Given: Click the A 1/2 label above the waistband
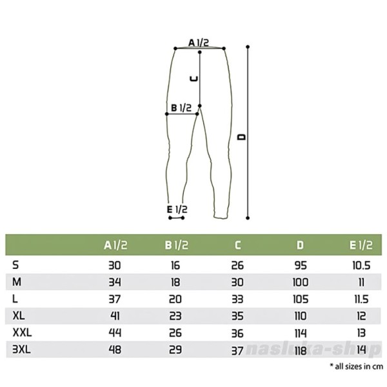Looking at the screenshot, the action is (x=199, y=43).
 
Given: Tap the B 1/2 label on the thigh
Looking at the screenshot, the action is (x=181, y=108).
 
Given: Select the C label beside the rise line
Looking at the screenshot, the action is (x=193, y=79).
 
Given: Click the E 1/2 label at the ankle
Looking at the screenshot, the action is (x=177, y=210).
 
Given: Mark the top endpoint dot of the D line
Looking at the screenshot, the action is (x=248, y=46).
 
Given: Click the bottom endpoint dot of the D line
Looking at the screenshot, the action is (x=248, y=218).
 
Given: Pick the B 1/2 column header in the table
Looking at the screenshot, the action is (x=176, y=245).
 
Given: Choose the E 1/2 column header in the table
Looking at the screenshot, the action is (x=361, y=245).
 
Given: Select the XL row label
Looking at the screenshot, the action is (x=19, y=315).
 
